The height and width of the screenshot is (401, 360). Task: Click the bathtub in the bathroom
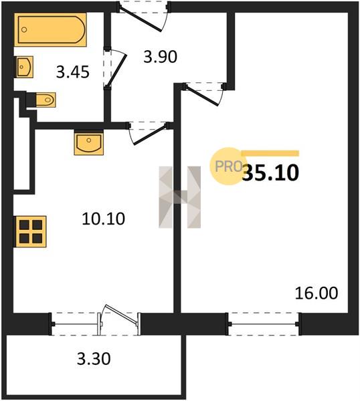coord(50,29)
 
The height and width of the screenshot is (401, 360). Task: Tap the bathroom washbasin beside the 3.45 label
coord(24,67)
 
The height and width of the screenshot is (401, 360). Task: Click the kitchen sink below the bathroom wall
coord(89,143)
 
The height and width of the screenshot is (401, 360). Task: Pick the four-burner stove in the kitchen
coord(31,232)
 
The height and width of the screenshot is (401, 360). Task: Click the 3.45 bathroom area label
coord(73,72)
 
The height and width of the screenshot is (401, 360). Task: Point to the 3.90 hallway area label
coord(161,57)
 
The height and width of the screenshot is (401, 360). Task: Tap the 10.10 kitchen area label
coord(104,219)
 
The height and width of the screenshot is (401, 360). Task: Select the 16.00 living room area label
coord(317,293)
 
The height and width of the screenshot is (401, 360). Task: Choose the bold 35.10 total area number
coord(270,172)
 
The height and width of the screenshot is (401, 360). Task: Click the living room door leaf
coord(202,96)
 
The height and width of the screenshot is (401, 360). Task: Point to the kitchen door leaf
coord(151,134)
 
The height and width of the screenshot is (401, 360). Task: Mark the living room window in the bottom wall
coord(263,324)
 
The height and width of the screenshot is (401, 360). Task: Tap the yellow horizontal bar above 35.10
coord(270,153)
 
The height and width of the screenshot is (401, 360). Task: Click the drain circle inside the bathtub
coord(24,29)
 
